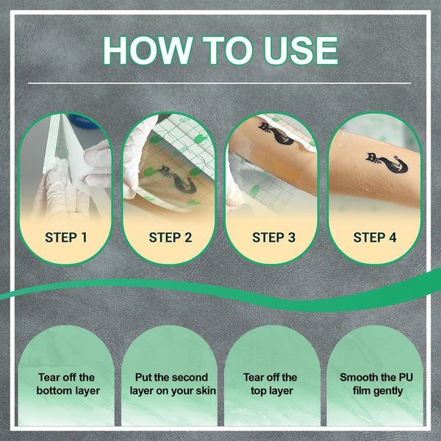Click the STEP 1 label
coord(66,237)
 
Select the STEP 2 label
coord(171,237)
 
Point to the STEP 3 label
coord(273,237)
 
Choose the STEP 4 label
coord(375,237)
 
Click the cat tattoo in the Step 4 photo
coord(387,163)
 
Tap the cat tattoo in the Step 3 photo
coord(276,133)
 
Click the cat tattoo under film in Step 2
coord(177,180)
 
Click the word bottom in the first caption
coord(54,391)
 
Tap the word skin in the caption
coord(206,391)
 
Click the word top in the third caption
coord(259,391)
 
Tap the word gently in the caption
coord(389,391)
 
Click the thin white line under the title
coord(219,83)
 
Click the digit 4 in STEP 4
coord(392,237)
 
